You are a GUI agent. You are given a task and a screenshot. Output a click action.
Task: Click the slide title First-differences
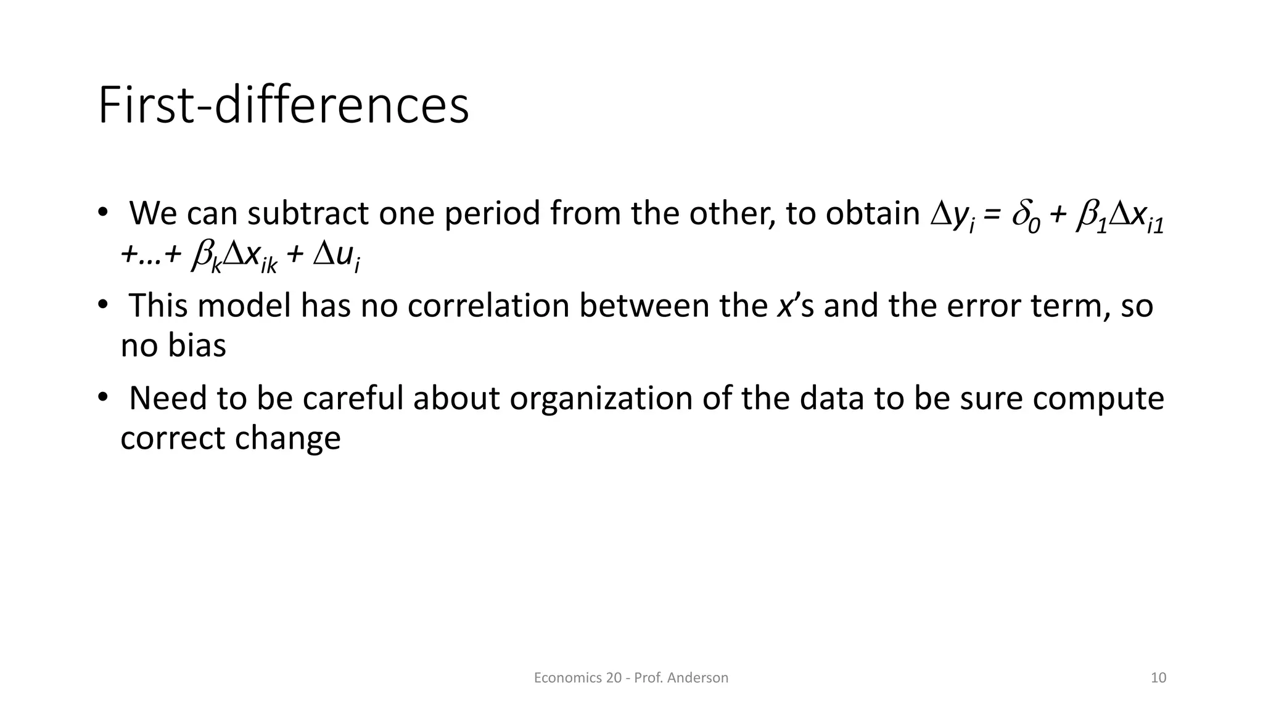pyautogui.click(x=283, y=106)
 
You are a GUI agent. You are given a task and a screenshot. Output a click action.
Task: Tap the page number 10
pyautogui.click(x=1158, y=678)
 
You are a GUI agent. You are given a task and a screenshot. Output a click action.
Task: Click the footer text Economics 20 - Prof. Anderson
pyautogui.click(x=630, y=678)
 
